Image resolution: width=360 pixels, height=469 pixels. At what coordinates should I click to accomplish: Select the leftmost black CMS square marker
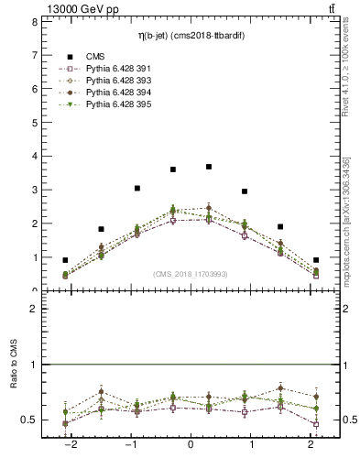(65, 260)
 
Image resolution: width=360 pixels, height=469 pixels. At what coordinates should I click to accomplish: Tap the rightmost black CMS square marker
(316, 260)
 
